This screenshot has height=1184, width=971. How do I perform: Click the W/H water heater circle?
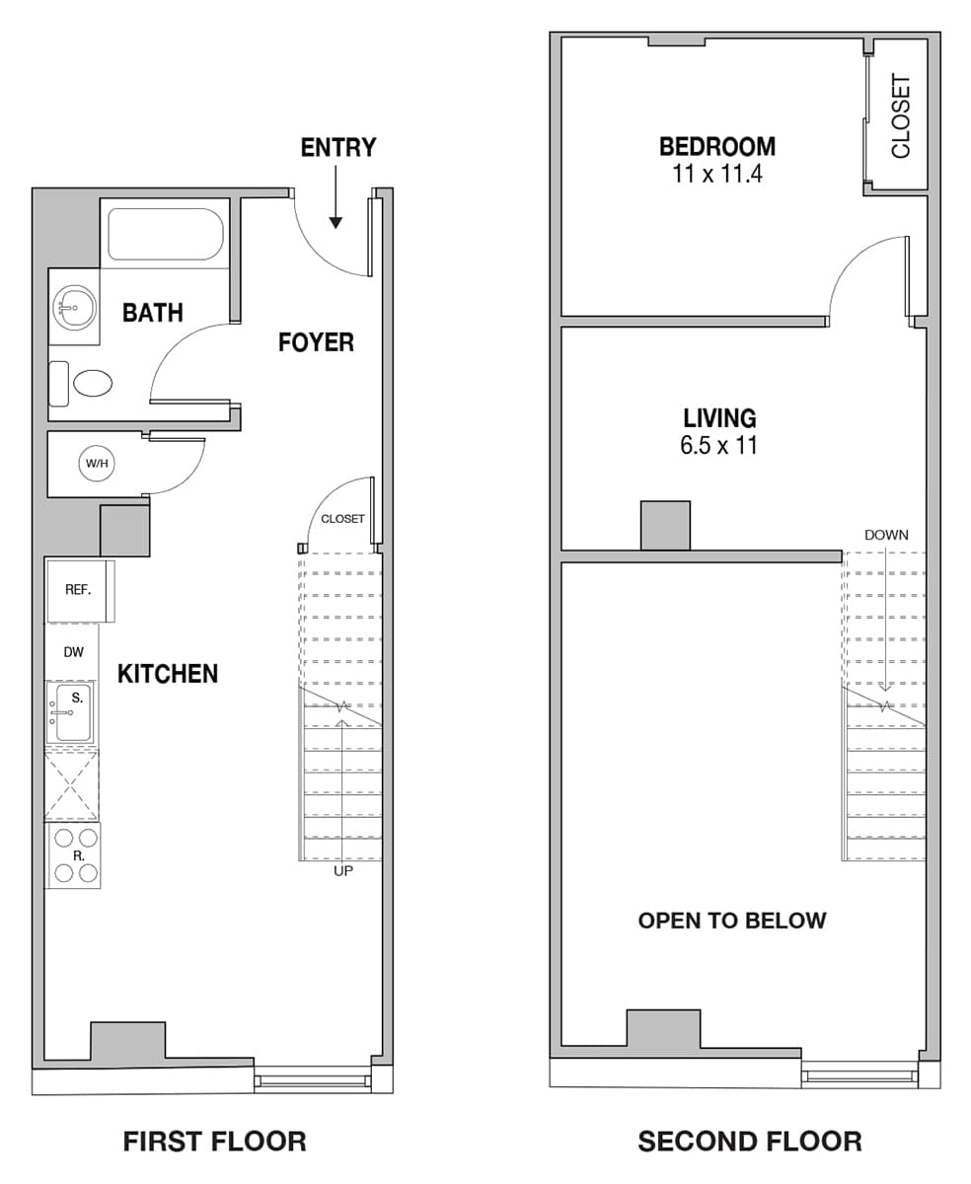coord(97,463)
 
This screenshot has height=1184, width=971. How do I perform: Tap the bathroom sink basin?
coord(74,307)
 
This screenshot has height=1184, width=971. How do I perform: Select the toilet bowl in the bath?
coord(93,384)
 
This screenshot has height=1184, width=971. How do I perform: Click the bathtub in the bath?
coord(166,234)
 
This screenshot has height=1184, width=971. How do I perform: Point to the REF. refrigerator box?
coord(80,591)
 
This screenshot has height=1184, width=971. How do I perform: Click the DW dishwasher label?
coord(74,652)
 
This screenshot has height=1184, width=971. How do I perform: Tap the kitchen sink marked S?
coord(70,712)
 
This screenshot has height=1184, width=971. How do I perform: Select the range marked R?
coord(75,855)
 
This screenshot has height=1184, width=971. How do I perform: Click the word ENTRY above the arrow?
coord(338,148)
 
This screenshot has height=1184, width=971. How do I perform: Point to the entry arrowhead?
coord(336,223)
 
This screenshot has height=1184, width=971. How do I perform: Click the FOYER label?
coord(316,342)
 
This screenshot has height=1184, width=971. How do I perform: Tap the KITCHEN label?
coord(168,674)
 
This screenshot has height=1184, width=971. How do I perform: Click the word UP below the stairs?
coord(343,871)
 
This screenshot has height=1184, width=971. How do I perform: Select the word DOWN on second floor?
coord(886,535)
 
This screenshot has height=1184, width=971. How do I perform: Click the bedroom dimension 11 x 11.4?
coord(717,174)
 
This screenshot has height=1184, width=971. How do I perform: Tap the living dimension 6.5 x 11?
coord(718,445)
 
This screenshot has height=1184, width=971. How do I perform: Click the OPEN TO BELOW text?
coord(732,921)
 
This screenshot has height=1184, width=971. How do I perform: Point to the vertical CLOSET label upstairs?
coord(900,116)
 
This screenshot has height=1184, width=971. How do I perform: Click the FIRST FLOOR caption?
coord(214,1142)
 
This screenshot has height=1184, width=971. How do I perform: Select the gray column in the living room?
coord(665,526)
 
